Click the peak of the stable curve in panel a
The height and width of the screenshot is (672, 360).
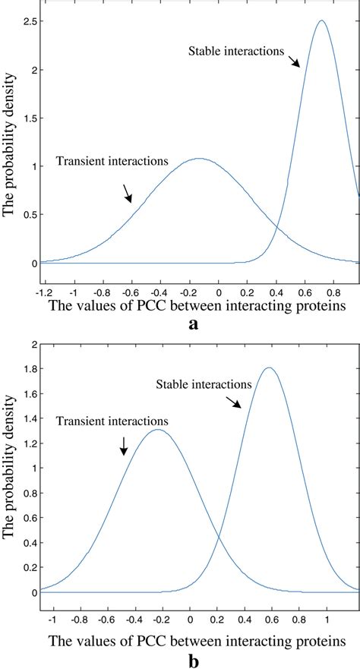321,21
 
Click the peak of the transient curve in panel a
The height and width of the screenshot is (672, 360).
199,159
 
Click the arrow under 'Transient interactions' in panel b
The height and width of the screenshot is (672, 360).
124,446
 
